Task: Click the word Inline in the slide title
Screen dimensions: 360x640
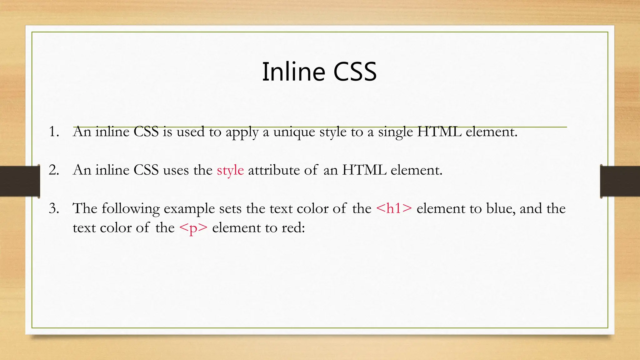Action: point(294,72)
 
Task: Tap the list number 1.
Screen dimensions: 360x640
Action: point(54,132)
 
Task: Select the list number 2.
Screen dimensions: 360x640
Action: point(54,170)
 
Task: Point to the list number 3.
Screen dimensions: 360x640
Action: point(54,208)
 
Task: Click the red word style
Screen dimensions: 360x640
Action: point(230,170)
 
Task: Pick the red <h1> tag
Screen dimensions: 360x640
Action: point(394,208)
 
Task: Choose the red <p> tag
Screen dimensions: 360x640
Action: point(193,228)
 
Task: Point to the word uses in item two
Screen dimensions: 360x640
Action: point(176,170)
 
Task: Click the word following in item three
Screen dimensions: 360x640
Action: point(130,209)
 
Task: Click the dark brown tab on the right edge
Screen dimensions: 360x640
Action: point(620,181)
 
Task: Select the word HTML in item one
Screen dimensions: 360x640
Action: point(439,132)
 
